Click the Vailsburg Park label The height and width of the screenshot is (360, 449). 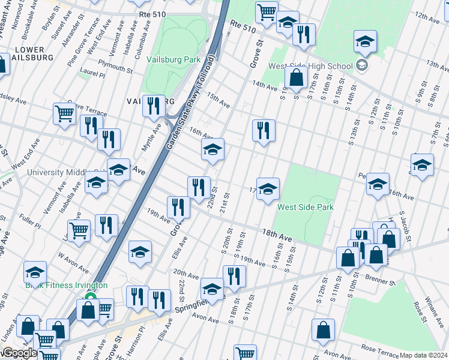point(175,60)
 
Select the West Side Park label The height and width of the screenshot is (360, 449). point(305,207)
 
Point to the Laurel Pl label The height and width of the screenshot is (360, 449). point(94,76)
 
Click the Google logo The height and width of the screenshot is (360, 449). point(19,353)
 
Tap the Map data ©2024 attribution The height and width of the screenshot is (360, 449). point(424,355)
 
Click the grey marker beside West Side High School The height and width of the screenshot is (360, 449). point(362,65)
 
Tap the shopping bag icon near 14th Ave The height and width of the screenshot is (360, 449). point(296,77)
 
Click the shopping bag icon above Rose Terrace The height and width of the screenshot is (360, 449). point(323,329)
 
